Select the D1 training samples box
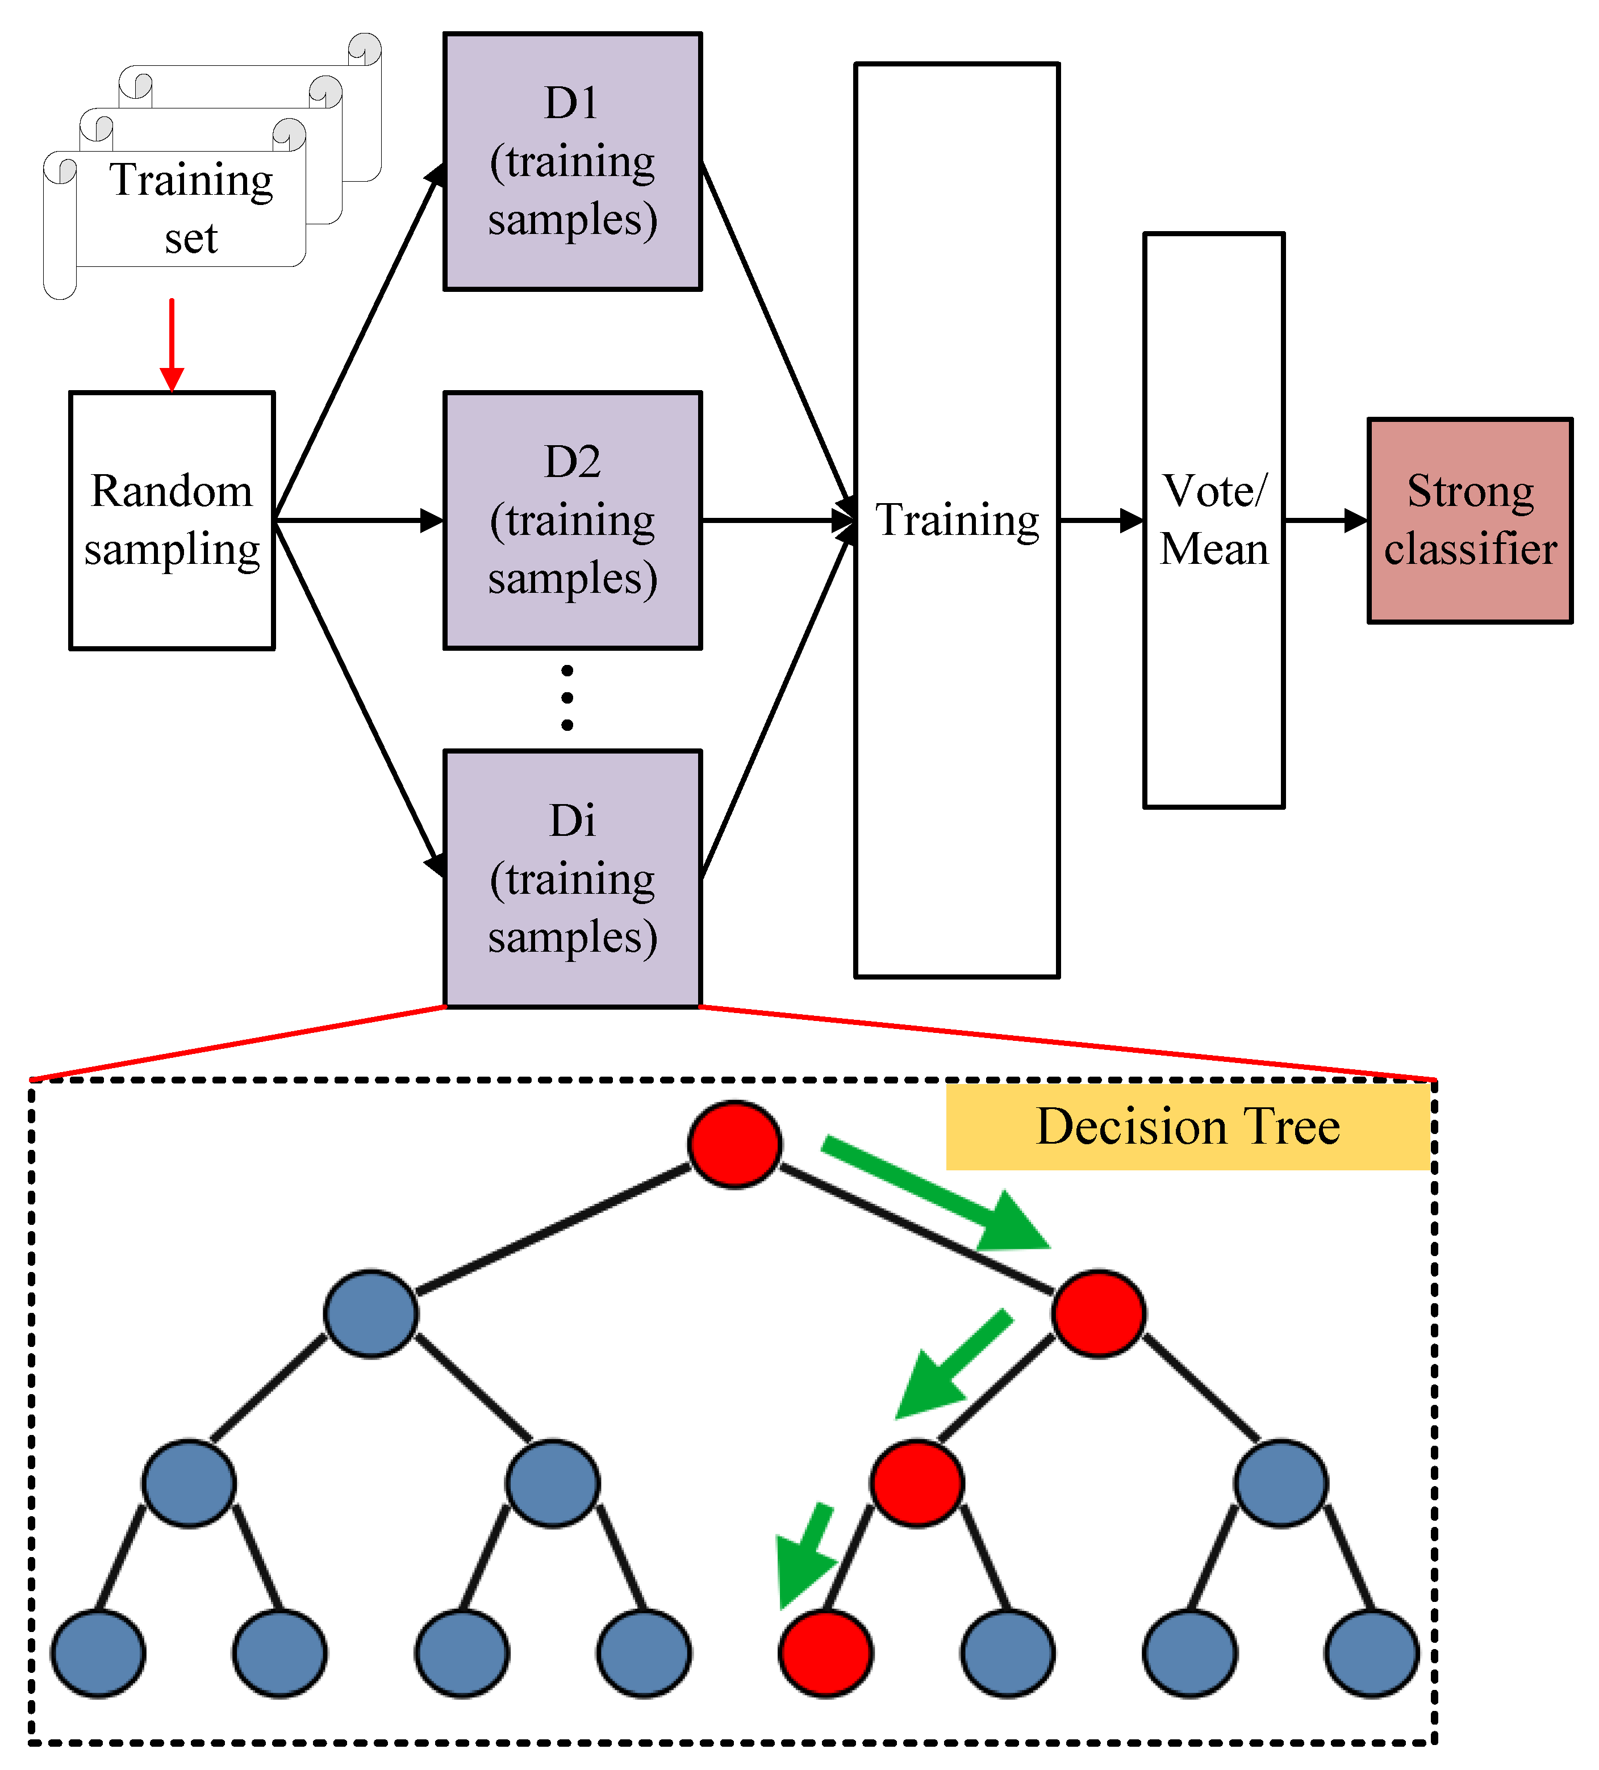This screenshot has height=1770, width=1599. pos(573,161)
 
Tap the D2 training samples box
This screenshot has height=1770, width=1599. pos(573,521)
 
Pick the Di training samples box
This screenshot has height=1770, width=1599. pos(573,879)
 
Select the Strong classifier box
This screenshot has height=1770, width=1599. pos(1470,521)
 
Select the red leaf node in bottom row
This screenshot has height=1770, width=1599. pos(825,1653)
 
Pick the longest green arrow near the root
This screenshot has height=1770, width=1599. pos(935,1194)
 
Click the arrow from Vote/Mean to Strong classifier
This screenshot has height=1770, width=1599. pos(1325,521)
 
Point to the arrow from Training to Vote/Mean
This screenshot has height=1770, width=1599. pos(1101,521)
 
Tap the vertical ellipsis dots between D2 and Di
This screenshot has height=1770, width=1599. pos(567,698)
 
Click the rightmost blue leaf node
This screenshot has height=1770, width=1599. pos(1372,1653)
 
